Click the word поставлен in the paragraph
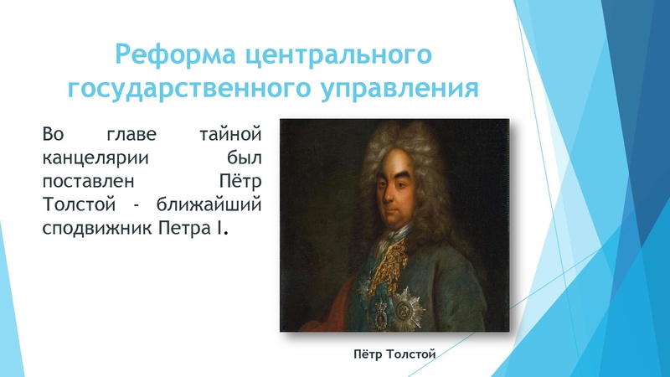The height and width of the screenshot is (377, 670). point(84,180)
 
